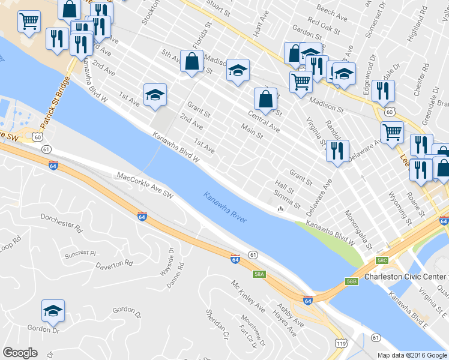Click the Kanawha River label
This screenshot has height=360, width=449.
pos(225,208)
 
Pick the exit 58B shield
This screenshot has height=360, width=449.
pos(352,281)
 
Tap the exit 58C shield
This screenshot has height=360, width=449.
pos(382,261)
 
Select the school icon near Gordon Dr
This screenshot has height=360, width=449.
pos(53,311)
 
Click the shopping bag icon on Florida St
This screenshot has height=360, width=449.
pos(191,61)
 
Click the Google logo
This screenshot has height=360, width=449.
pos(20,352)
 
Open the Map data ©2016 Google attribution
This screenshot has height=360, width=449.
pos(412,355)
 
